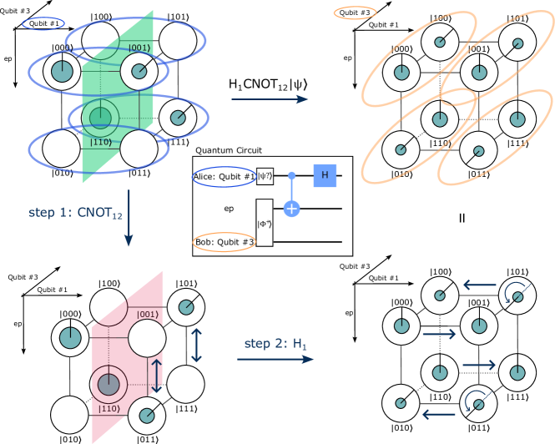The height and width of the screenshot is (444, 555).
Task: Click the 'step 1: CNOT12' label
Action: coord(75,213)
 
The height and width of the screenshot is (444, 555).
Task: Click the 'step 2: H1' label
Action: coord(271,343)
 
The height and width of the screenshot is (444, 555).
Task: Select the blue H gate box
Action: coord(323,175)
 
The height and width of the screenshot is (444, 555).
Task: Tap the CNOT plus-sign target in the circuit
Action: coord(291,208)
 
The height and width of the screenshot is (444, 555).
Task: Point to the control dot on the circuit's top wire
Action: coord(291,175)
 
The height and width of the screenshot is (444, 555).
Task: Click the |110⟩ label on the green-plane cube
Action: coord(102,143)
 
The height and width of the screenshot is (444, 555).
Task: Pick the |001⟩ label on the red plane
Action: coord(147,315)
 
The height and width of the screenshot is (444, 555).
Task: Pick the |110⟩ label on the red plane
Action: coord(109,408)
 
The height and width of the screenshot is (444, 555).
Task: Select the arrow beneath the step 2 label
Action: coord(275,359)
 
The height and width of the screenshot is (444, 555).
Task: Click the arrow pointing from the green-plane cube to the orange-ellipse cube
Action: coord(270,99)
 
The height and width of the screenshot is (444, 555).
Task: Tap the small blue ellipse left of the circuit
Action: coord(225,177)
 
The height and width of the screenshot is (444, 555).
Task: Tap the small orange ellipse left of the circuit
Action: coord(225,242)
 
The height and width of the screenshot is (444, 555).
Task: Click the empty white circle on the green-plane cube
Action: coord(139,150)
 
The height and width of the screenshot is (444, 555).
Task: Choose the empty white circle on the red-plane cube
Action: coord(147,339)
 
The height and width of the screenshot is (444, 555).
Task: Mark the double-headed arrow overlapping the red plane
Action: coord(156,376)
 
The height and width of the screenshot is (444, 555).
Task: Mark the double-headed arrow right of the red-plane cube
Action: coord(196,345)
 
